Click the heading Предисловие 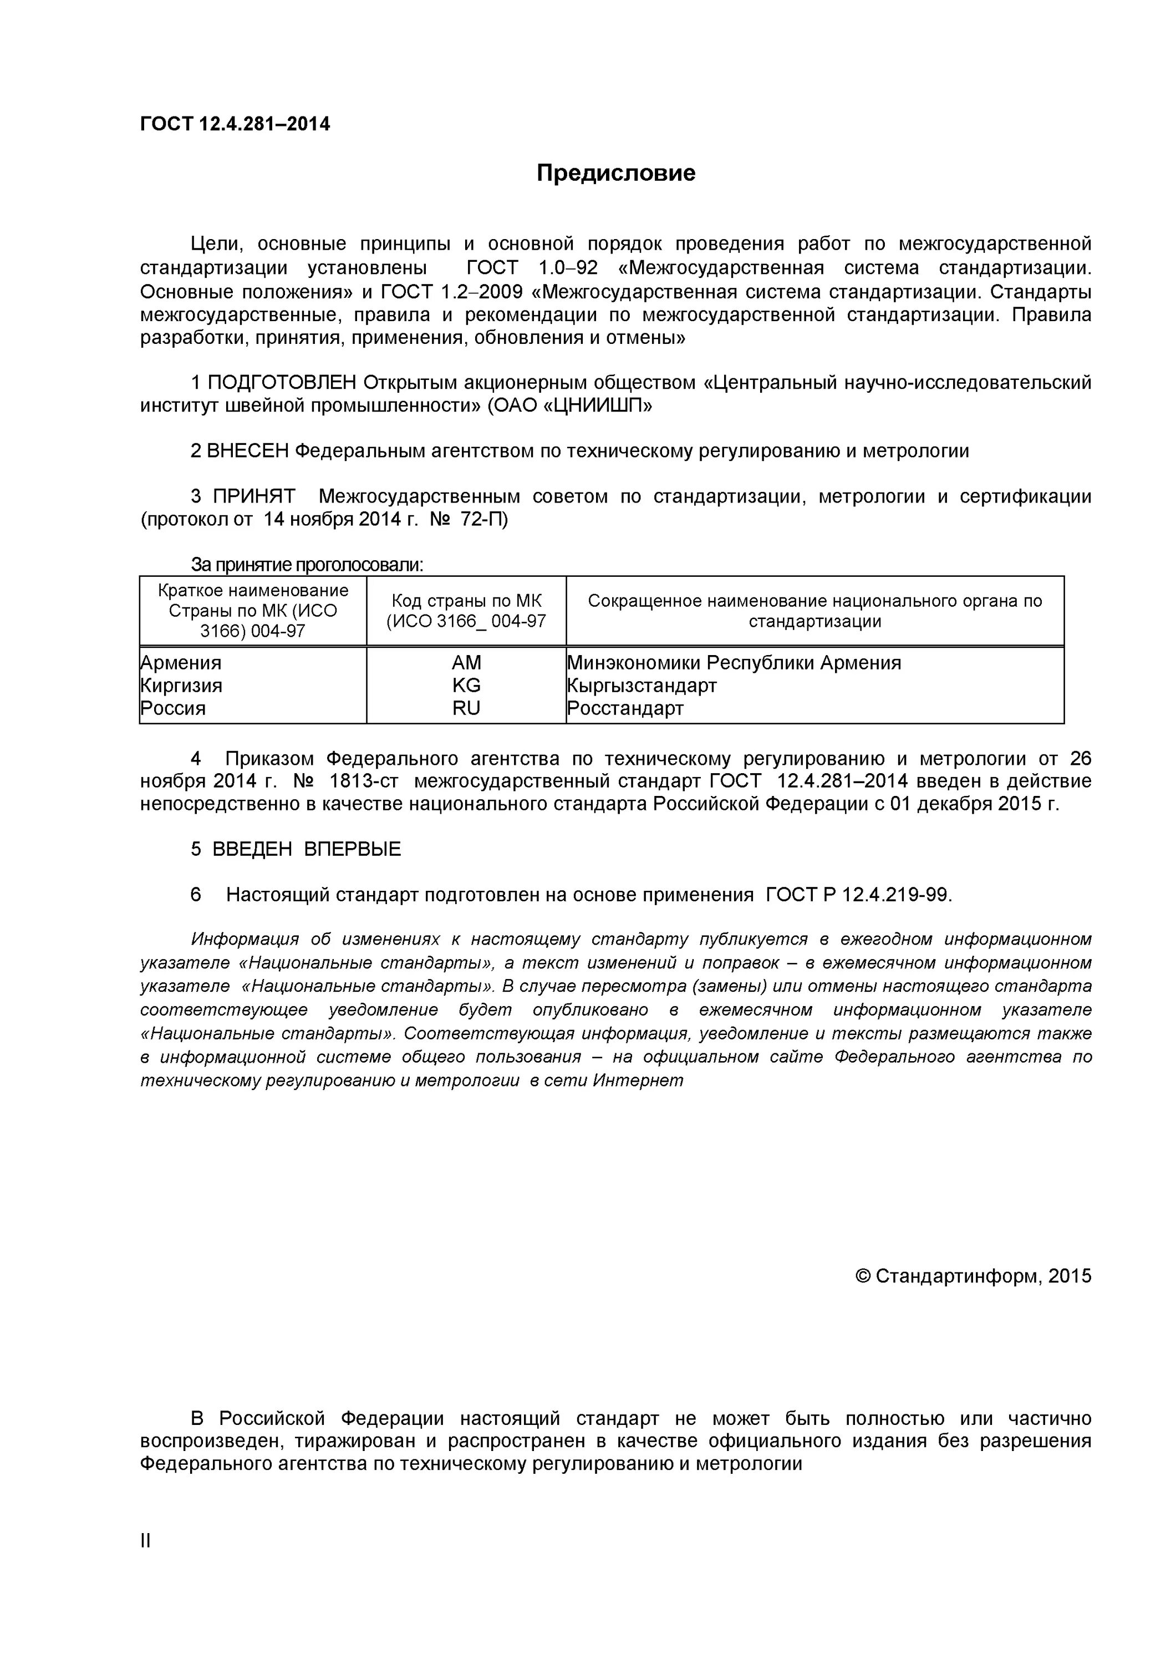click(615, 173)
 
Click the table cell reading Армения click(181, 662)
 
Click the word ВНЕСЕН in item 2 click(248, 451)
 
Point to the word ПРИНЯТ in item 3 click(253, 496)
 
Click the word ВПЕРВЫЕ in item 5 click(352, 849)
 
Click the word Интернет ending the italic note click(638, 1080)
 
